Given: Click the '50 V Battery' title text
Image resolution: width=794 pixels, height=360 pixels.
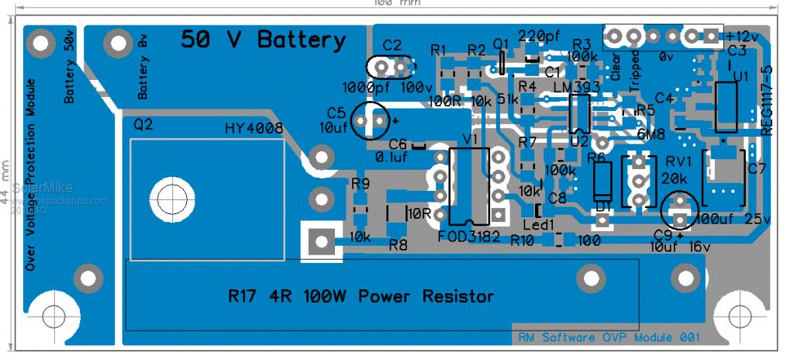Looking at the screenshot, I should pyautogui.click(x=264, y=40).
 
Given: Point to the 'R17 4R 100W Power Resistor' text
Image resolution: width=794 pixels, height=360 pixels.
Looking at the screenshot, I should pyautogui.click(x=361, y=296).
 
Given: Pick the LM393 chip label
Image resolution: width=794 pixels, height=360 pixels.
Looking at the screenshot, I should pyautogui.click(x=577, y=88).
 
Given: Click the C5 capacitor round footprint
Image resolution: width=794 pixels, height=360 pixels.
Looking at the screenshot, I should pyautogui.click(x=370, y=120).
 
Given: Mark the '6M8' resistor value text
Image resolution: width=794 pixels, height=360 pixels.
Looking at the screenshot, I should pyautogui.click(x=649, y=133).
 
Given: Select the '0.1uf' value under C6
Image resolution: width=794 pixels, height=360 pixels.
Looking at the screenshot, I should pyautogui.click(x=392, y=157).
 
